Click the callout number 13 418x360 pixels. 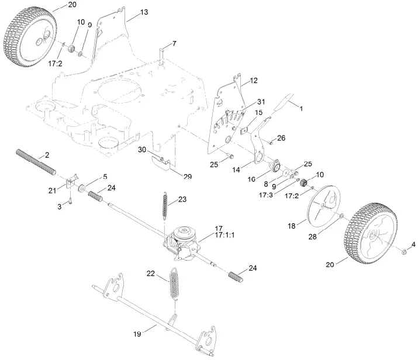point(144,12)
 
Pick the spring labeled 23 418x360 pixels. point(167,207)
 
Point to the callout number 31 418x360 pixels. point(261,102)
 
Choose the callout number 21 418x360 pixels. point(51,191)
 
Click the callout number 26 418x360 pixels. point(282,139)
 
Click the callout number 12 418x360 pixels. point(254,80)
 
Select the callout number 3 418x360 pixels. point(60,207)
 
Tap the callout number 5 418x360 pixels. point(105,176)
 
